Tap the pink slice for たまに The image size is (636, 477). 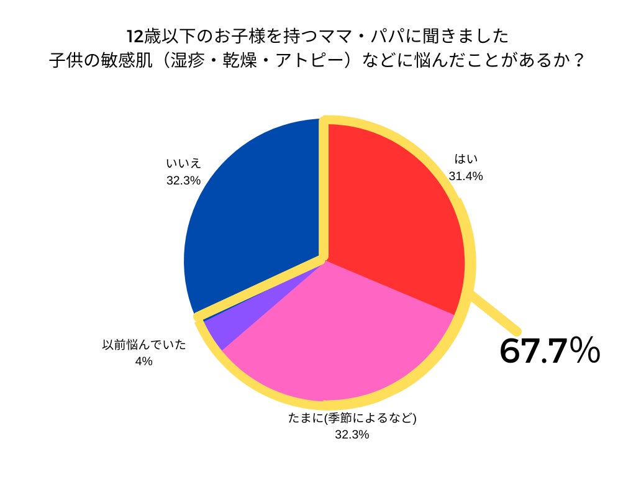coord(335,335)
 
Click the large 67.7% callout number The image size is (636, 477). coord(549,351)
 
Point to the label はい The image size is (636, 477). coord(466,159)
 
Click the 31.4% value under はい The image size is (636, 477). coord(466,176)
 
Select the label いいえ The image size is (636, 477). coord(183,164)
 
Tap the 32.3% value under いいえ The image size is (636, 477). coord(183,181)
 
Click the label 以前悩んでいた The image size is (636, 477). coord(144,345)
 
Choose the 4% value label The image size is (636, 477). coord(144,361)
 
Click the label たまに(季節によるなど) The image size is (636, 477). coord(352,418)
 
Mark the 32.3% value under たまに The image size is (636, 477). coord(352,435)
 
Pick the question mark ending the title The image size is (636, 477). coord(579,61)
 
